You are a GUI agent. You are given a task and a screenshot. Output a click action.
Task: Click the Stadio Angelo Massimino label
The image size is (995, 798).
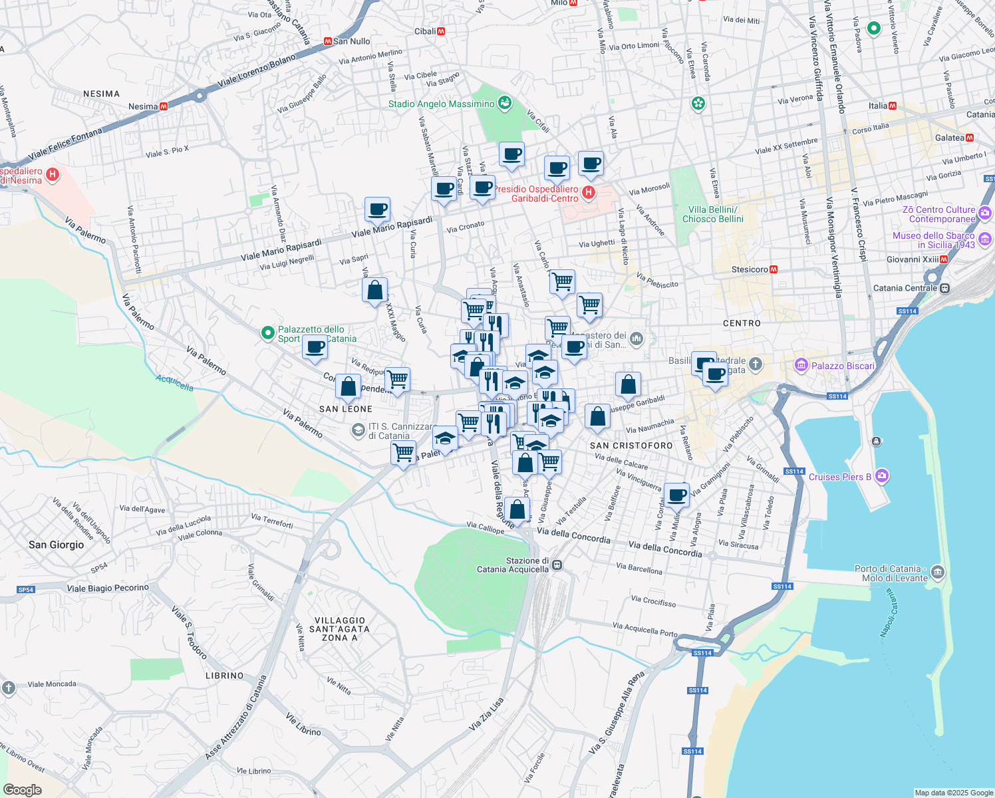(x=442, y=104)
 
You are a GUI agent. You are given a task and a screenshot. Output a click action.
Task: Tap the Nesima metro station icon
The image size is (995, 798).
(x=164, y=106)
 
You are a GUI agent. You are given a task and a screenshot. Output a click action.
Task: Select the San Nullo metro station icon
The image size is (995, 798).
(x=327, y=41)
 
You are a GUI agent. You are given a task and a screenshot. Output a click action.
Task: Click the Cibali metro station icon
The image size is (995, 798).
(x=441, y=31)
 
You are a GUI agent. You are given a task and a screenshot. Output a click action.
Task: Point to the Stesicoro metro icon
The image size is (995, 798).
(x=774, y=269)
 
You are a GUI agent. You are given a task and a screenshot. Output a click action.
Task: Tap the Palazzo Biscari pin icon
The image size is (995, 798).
(x=801, y=366)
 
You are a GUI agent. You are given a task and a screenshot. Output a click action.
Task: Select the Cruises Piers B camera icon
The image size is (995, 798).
(x=882, y=476)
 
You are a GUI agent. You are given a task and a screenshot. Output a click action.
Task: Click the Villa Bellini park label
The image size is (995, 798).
(x=712, y=214)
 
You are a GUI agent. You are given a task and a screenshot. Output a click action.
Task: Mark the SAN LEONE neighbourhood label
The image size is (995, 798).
(x=346, y=409)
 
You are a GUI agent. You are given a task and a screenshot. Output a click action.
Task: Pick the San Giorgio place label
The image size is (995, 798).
(x=57, y=545)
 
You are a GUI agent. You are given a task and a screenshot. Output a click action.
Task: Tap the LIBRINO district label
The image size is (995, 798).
(x=225, y=676)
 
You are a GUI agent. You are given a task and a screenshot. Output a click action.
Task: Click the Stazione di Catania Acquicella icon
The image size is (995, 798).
(x=557, y=565)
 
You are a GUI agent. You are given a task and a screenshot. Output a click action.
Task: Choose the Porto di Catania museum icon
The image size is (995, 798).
(x=937, y=572)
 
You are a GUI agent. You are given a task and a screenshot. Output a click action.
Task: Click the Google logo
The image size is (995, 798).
(x=23, y=789)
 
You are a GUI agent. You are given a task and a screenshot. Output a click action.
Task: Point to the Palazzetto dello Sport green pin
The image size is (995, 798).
(x=267, y=332)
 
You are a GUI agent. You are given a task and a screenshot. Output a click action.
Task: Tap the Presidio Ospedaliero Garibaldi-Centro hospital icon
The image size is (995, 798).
(x=588, y=193)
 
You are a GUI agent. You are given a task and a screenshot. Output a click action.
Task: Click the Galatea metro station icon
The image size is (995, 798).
(x=970, y=138)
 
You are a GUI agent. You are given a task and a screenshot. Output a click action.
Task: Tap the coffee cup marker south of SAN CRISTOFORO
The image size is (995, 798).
(x=677, y=495)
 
